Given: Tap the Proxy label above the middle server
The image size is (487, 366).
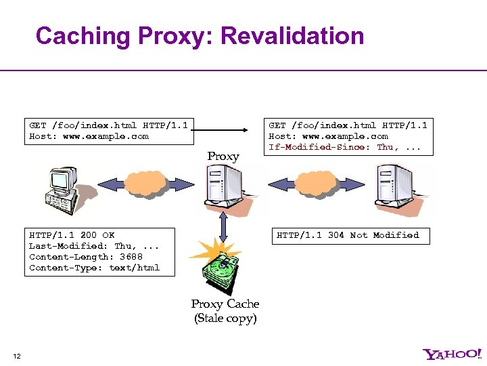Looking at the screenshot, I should point(223,157).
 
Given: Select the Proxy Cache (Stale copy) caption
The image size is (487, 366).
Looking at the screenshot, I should point(225,311).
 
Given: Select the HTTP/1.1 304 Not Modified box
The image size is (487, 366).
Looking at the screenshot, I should point(348,235).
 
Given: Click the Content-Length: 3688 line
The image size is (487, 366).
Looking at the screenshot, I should point(86,257).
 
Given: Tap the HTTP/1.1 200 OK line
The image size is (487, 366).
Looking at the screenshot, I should point(72,235).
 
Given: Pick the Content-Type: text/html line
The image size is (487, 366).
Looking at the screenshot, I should point(94,268).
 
